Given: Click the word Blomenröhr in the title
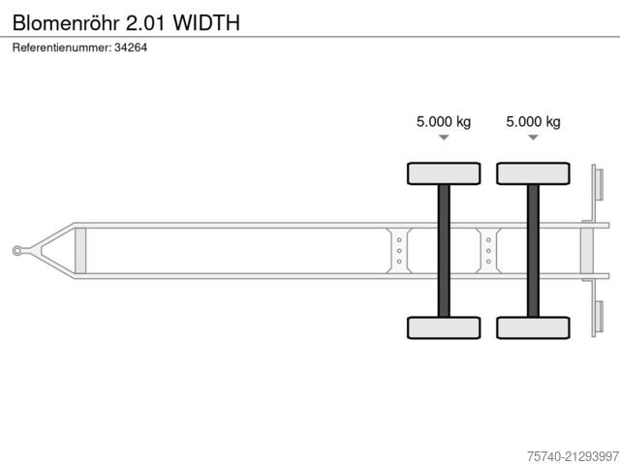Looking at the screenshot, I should tap(66, 21).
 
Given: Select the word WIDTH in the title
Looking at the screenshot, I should tap(199, 21).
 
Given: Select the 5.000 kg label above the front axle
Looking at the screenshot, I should tap(444, 121).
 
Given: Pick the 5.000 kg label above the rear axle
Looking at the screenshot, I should tap(533, 121).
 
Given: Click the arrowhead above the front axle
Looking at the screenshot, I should tap(444, 138).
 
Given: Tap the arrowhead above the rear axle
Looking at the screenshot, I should tap(533, 138).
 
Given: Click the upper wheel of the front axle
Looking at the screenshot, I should tap(444, 173).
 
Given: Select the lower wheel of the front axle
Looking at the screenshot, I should tap(444, 327).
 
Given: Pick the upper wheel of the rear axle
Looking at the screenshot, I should tap(533, 173).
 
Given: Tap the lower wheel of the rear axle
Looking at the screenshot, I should tap(533, 327).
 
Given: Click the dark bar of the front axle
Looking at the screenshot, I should tap(444, 250).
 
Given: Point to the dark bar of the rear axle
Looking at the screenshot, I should tap(533, 250).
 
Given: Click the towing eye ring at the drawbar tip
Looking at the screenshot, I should tap(18, 251).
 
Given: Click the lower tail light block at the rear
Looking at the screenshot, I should tap(598, 317).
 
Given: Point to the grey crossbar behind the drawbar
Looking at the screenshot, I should tap(80, 250).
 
